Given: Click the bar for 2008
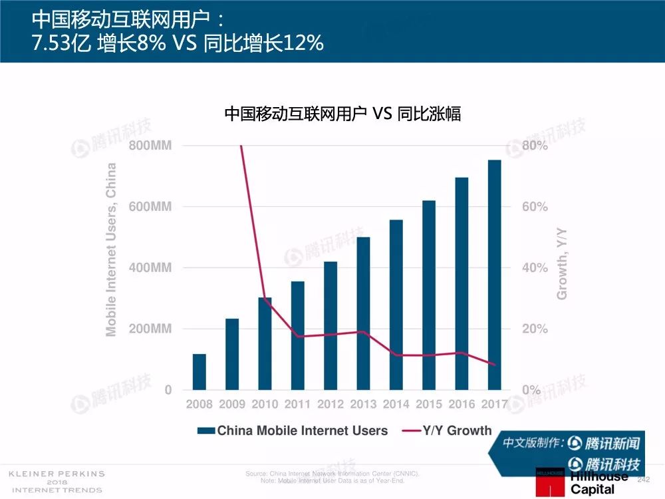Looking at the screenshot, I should pyautogui.click(x=199, y=372).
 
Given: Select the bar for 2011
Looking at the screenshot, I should pyautogui.click(x=298, y=335).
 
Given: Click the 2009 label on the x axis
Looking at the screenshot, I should pyautogui.click(x=232, y=404).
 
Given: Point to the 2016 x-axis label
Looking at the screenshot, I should pyautogui.click(x=462, y=404).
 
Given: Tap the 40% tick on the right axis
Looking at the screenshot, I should pyautogui.click(x=535, y=268).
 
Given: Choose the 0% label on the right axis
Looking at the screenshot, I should pyautogui.click(x=531, y=391).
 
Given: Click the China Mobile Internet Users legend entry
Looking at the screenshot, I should pyautogui.click(x=293, y=430).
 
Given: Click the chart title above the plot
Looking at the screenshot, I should pyautogui.click(x=342, y=114).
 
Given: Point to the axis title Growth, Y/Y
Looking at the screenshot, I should pyautogui.click(x=562, y=263).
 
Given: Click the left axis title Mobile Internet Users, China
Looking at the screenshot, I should pyautogui.click(x=111, y=249).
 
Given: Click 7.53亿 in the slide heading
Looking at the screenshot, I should pyautogui.click(x=61, y=43).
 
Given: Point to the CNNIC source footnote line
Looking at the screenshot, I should pyautogui.click(x=332, y=474).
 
